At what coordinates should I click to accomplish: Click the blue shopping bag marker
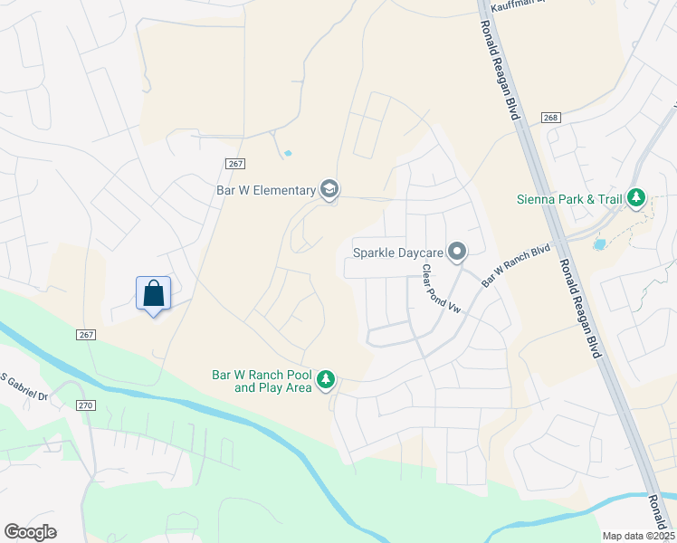(x=153, y=293)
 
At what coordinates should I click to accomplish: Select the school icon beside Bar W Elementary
(x=329, y=189)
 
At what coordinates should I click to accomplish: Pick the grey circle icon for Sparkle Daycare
(x=459, y=251)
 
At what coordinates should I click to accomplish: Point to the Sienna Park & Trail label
(x=571, y=198)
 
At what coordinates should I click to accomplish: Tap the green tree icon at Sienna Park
(x=637, y=197)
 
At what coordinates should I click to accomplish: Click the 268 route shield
(x=550, y=119)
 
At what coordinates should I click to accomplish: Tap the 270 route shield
(x=86, y=406)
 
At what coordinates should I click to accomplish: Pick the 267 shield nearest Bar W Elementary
(x=234, y=163)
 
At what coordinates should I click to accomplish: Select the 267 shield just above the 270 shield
(x=86, y=335)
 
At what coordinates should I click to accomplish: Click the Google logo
(x=30, y=531)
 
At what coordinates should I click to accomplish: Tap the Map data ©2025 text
(x=638, y=536)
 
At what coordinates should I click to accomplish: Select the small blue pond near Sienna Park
(x=598, y=243)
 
